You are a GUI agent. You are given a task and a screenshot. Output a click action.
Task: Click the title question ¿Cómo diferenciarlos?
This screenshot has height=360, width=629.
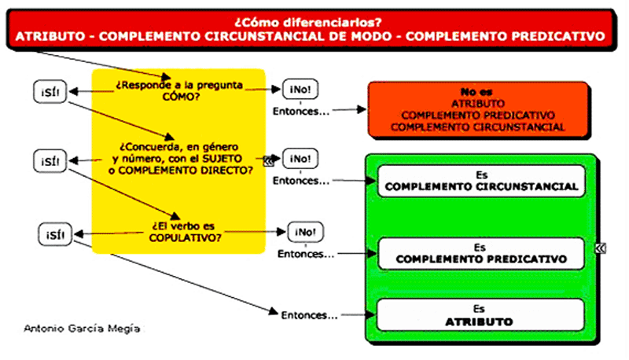pos(314,21)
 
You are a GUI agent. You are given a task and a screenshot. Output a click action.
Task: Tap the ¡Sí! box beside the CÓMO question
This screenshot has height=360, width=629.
pos(50,91)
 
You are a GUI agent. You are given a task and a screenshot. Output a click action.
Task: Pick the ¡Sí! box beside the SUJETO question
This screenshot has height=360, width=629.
pos(50,161)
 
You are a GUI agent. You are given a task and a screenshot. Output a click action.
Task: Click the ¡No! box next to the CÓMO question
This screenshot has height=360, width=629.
pos(300,90)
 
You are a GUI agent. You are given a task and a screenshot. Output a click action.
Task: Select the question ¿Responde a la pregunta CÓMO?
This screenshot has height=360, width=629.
pos(179,90)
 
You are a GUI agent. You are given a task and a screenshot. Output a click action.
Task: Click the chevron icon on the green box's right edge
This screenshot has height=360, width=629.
pos(600,248)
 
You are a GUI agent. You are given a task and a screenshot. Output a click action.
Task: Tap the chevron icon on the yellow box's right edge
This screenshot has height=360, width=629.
pos(268,163)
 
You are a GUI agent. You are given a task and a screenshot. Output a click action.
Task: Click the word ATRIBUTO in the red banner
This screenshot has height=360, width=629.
pos(46,36)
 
